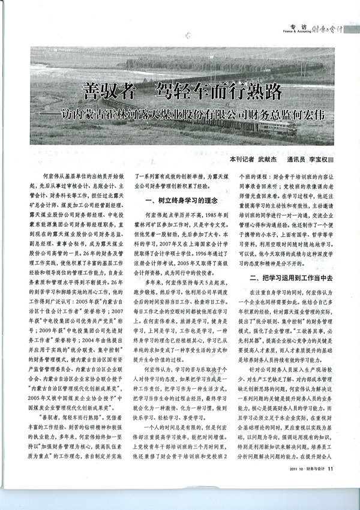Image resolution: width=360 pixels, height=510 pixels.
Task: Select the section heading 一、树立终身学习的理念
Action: click(179, 200)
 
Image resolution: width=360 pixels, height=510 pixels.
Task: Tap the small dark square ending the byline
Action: click(331, 160)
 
